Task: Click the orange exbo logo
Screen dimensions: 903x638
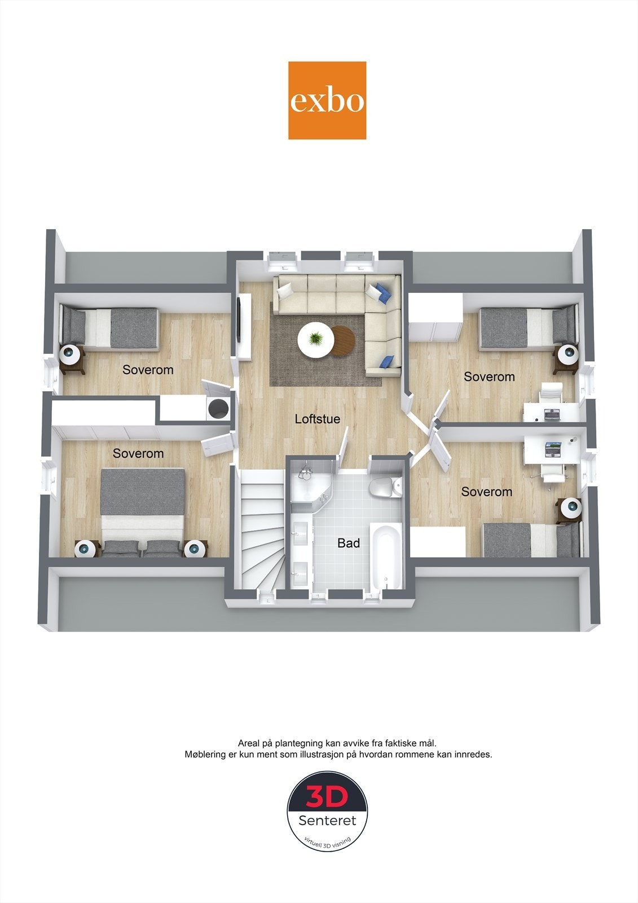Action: coord(327,100)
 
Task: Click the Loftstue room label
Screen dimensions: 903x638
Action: coord(317,419)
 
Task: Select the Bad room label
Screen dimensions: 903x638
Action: coord(348,543)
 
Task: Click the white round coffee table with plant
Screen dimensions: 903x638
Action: coord(315,340)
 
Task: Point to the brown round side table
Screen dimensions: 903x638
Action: coord(344,341)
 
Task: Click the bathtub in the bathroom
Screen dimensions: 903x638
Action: coord(387,556)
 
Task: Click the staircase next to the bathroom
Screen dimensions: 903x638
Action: coord(262,531)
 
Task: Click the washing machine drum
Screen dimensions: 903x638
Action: coord(218,407)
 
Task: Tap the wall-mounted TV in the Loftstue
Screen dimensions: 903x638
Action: coord(240,319)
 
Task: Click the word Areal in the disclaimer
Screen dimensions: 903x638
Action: coord(249,743)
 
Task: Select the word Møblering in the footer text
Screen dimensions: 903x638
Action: coord(205,754)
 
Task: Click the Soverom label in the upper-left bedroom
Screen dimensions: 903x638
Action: coord(148,370)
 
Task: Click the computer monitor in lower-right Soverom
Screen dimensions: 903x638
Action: coord(554,449)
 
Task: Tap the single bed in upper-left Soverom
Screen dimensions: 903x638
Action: coord(110,328)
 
